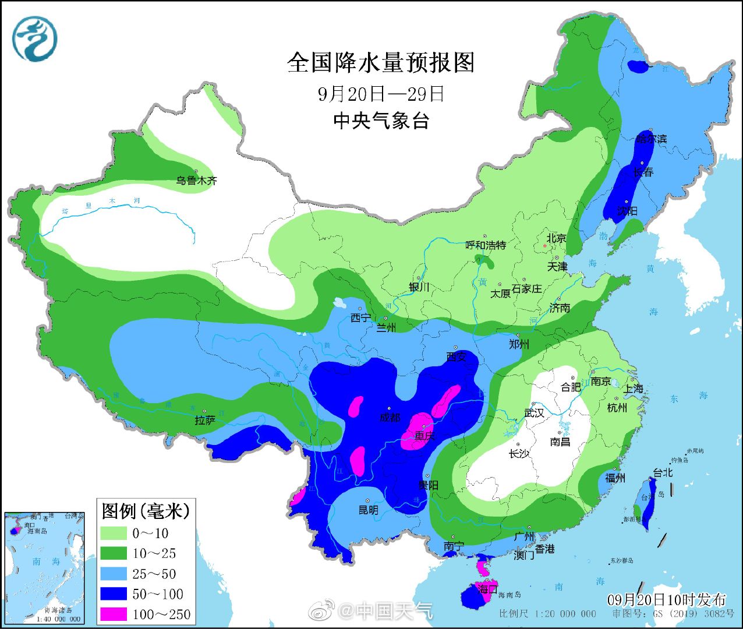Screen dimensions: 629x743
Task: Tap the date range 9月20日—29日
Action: pyautogui.click(x=381, y=94)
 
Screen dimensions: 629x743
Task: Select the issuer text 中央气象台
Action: pyautogui.click(x=381, y=121)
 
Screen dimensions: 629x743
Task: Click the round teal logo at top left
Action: pyautogui.click(x=36, y=38)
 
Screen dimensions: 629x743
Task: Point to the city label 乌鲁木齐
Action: pyautogui.click(x=197, y=181)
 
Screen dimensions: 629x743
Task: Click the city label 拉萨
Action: pyautogui.click(x=205, y=420)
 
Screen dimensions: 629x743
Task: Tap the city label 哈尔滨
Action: pyautogui.click(x=651, y=139)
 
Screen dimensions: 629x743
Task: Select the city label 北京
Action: pyautogui.click(x=556, y=238)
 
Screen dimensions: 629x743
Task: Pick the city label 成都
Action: pyautogui.click(x=390, y=417)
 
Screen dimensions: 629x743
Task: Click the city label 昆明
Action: pyautogui.click(x=368, y=510)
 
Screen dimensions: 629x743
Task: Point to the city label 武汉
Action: pyautogui.click(x=534, y=413)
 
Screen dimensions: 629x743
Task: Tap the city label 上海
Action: pyautogui.click(x=634, y=388)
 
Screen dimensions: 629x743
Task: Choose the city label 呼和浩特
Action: pyautogui.click(x=486, y=245)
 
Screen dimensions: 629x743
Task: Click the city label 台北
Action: pyautogui.click(x=663, y=473)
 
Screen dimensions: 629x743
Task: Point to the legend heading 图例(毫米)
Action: pyautogui.click(x=146, y=511)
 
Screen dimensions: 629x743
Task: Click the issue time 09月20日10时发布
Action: pyautogui.click(x=667, y=599)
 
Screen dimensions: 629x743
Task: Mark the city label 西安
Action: pyautogui.click(x=457, y=356)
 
